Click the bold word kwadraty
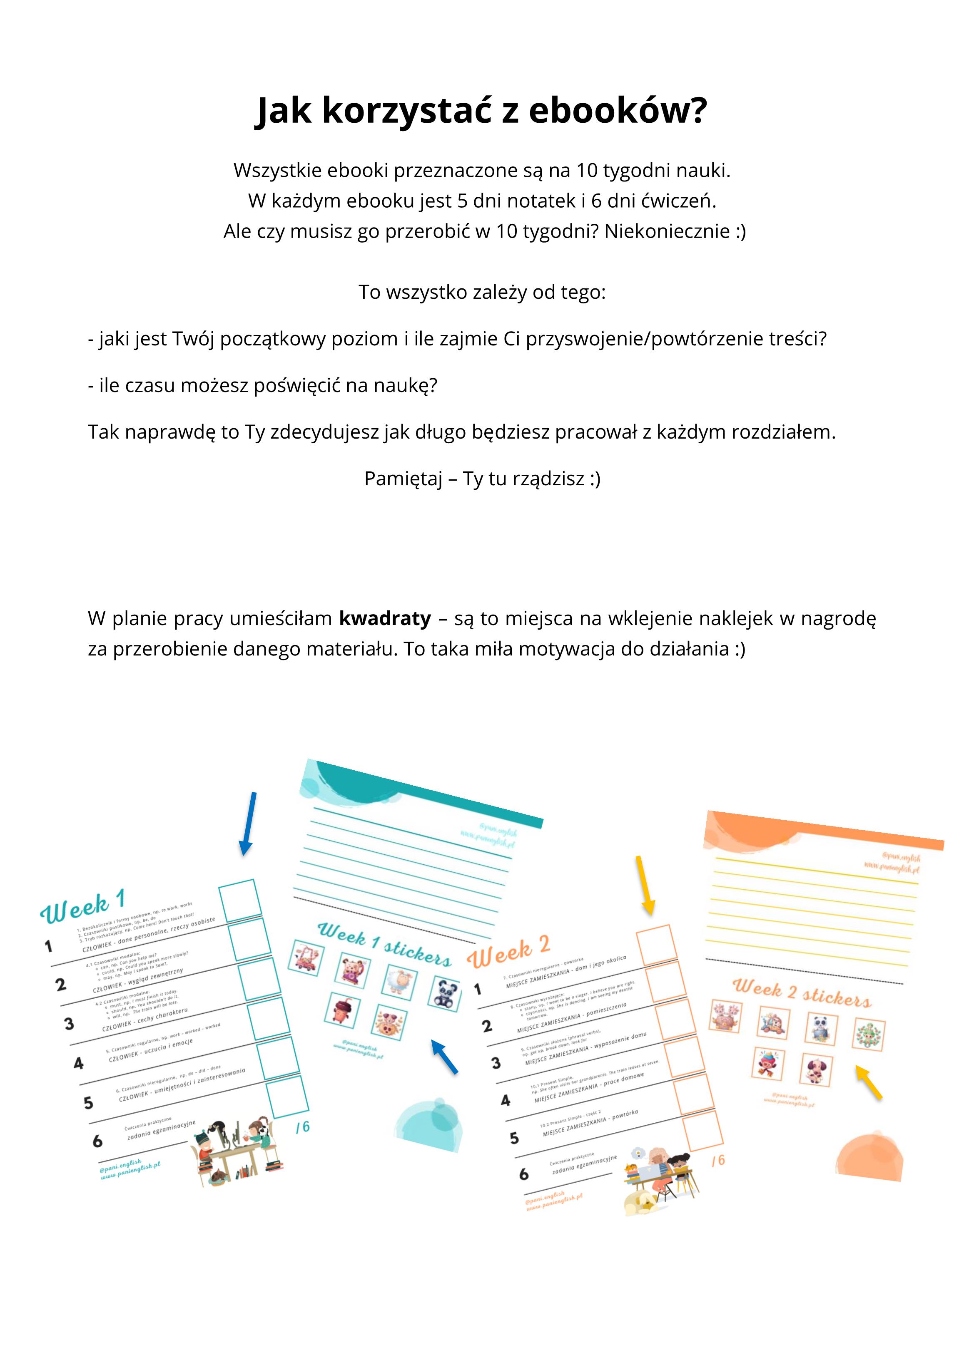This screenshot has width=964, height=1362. coord(385,618)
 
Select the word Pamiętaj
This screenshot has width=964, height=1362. coord(403,478)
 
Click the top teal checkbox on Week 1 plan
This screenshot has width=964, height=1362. coord(240,900)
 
